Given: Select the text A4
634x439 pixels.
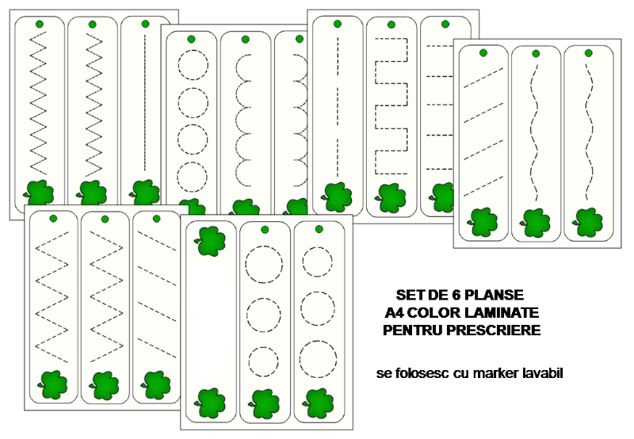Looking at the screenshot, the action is click(x=393, y=312).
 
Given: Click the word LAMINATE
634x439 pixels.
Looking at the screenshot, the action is click(x=502, y=312).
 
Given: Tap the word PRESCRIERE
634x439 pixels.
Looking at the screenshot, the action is click(x=494, y=330).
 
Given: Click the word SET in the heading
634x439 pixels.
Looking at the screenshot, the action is click(x=407, y=295).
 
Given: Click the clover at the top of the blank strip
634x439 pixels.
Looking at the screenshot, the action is click(x=210, y=242).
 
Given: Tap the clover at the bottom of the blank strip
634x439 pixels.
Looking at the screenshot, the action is click(x=210, y=403).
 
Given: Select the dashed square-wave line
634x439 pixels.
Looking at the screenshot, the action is click(x=391, y=106).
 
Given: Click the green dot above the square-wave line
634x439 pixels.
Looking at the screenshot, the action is click(x=391, y=25).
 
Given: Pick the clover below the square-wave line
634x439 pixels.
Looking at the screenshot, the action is click(x=391, y=198).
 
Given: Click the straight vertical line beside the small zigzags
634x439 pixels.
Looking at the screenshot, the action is click(x=145, y=103).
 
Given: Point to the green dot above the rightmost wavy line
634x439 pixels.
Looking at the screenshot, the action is click(x=589, y=53).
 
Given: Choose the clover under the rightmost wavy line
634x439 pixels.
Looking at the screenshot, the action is click(x=588, y=223).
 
